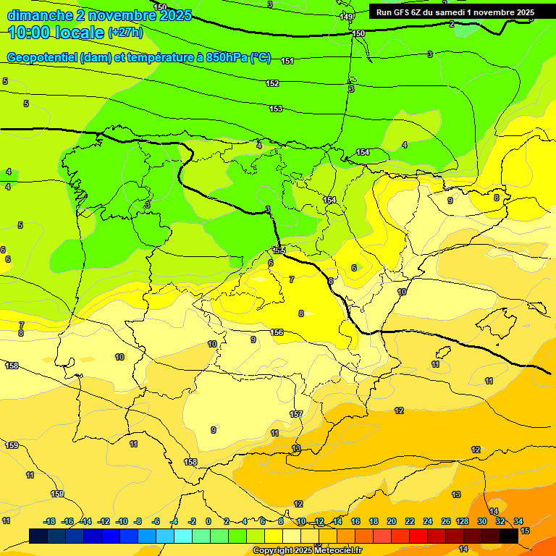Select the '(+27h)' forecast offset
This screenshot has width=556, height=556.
click(x=125, y=33)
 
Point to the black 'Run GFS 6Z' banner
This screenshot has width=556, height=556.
click(x=455, y=12)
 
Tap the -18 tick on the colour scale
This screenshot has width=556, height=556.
click(x=50, y=521)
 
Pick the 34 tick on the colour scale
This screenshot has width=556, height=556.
click(x=518, y=521)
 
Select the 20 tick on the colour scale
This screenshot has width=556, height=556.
click(x=392, y=521)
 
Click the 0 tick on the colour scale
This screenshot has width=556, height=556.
click(x=208, y=521)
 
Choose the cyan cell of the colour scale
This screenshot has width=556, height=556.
click(x=183, y=536)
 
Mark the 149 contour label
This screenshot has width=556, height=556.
click(x=347, y=17)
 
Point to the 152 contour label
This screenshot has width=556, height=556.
click(x=272, y=83)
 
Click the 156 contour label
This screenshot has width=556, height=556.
click(x=277, y=332)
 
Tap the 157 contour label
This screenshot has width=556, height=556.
click(x=296, y=414)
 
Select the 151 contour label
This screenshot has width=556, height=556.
click(x=287, y=62)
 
